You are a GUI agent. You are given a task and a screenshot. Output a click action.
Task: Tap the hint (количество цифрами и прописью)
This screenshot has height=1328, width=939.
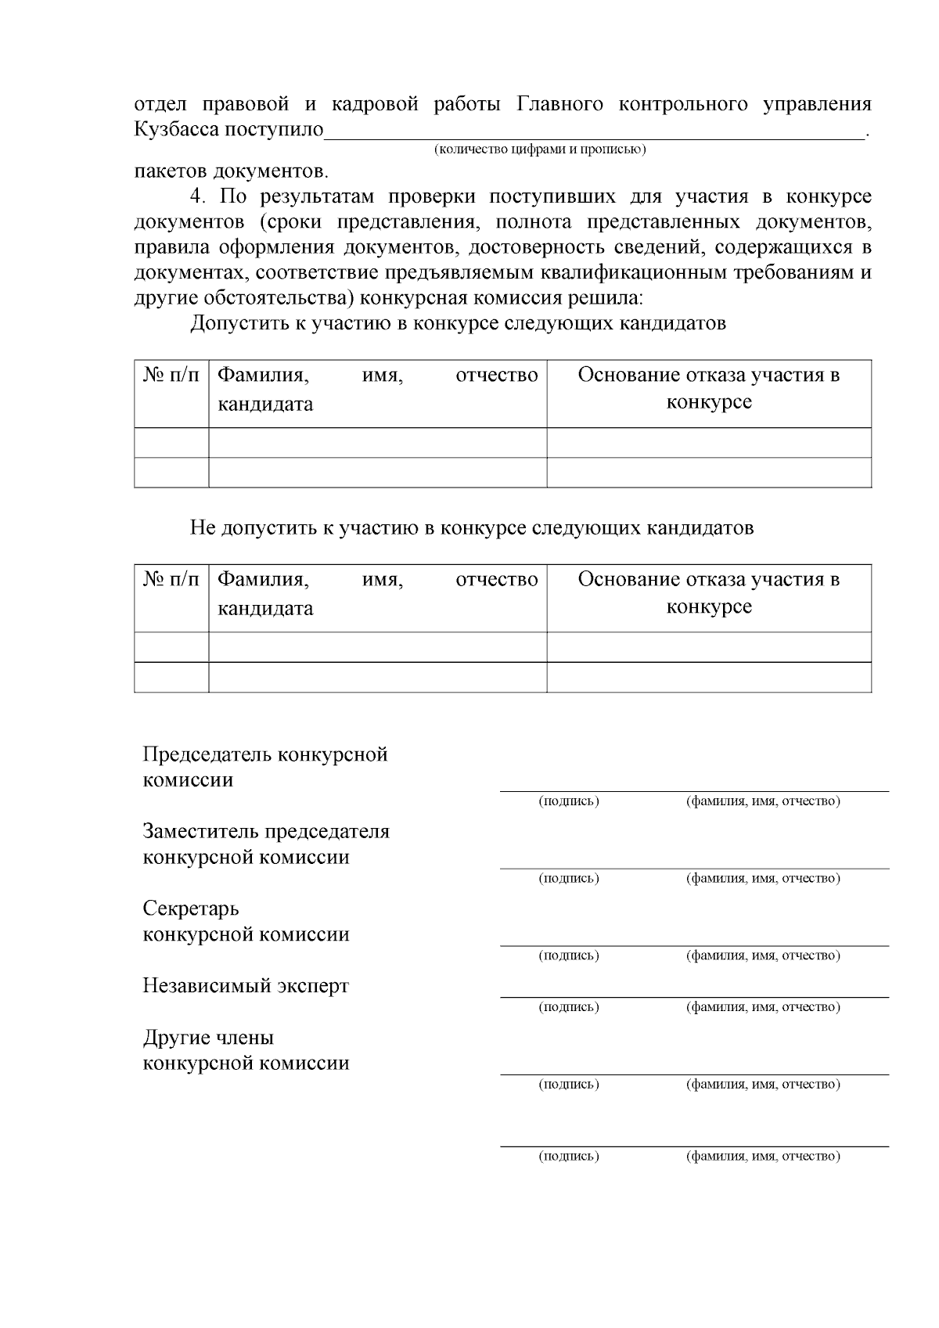[x=540, y=149]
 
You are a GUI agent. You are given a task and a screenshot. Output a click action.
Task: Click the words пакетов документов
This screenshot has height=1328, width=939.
[x=231, y=171]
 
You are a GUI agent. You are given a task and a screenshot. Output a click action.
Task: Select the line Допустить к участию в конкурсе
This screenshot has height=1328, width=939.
[x=458, y=323]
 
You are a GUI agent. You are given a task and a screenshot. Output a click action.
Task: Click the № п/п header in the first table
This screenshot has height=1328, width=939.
[x=171, y=376]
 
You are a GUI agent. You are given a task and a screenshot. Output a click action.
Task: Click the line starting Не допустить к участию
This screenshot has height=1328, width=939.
[x=472, y=528]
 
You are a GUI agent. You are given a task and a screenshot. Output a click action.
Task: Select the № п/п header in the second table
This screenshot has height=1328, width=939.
[x=171, y=580]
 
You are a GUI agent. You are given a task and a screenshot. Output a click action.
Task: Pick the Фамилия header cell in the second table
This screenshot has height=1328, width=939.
[x=377, y=594]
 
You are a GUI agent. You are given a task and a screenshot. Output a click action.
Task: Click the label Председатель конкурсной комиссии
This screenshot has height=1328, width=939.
[x=265, y=768]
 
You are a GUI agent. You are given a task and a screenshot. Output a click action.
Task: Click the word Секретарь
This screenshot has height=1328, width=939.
[x=191, y=909]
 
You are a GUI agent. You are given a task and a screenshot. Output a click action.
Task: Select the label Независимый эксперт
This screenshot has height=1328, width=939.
[x=246, y=986]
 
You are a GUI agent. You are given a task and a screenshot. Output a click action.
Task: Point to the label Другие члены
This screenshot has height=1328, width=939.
[x=208, y=1038]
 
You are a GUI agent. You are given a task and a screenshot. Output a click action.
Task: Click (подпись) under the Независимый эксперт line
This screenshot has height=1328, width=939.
[x=569, y=1007]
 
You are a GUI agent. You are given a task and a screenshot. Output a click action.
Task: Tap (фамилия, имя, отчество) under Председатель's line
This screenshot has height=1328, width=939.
[x=763, y=801]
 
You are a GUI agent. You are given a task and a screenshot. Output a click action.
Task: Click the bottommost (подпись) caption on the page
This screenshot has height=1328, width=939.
[x=569, y=1156]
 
